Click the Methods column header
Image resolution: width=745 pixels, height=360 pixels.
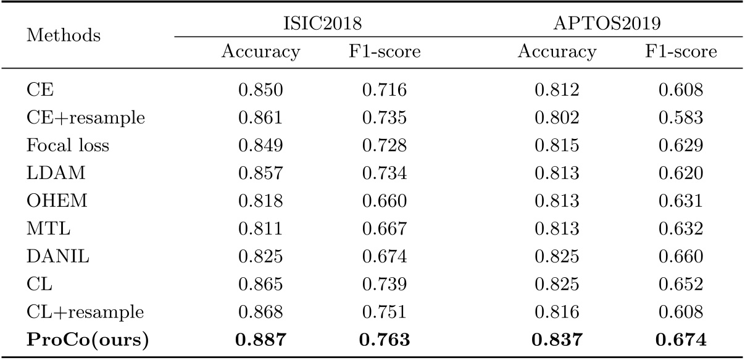64,36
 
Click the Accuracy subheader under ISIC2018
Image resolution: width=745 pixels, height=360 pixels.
260,52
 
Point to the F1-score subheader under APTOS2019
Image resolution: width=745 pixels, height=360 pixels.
681,52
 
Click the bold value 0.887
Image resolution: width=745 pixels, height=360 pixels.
260,338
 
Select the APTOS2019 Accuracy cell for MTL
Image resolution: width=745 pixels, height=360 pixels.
557,228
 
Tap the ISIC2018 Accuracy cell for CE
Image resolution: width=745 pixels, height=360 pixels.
260,91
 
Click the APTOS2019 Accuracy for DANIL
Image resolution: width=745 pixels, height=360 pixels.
557,255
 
